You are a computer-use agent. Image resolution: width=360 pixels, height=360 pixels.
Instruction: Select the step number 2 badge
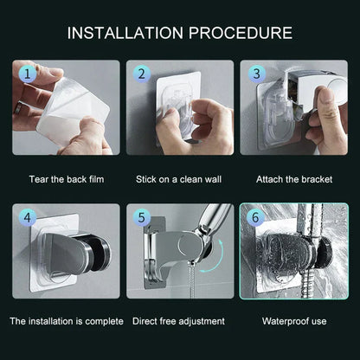143,75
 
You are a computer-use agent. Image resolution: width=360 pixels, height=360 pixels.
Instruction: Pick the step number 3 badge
255,75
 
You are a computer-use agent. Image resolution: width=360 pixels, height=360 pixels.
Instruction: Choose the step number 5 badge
143,219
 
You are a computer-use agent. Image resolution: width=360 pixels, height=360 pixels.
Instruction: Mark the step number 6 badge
256,219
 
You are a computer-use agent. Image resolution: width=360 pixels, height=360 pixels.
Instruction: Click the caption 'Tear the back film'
66,180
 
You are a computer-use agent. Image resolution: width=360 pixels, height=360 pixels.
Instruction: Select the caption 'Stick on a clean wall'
180,180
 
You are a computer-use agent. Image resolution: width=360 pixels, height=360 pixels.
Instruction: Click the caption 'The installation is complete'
66,321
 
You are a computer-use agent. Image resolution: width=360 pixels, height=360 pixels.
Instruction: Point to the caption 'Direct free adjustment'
180,321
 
